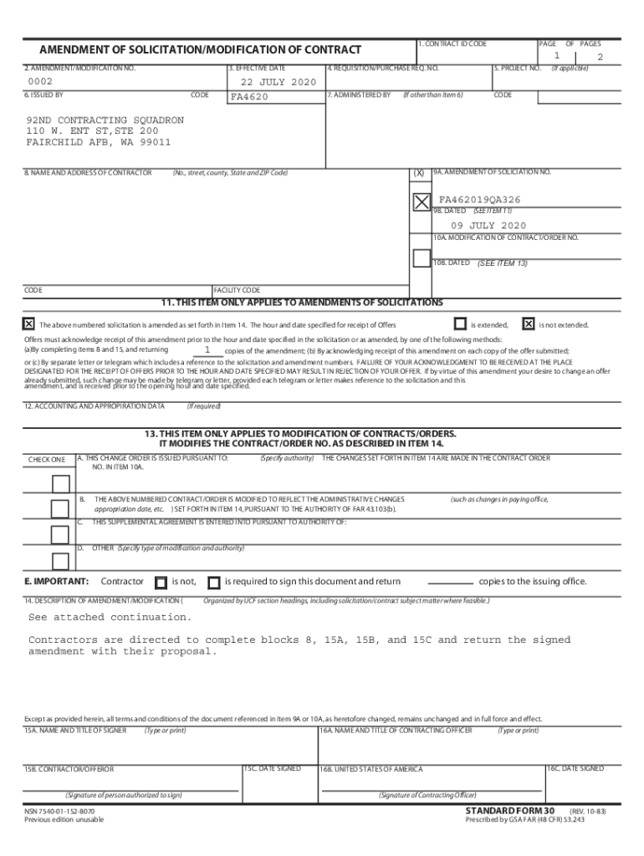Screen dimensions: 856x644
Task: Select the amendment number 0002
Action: [40, 82]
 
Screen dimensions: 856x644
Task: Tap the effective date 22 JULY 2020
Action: [279, 82]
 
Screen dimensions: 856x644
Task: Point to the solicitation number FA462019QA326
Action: [479, 200]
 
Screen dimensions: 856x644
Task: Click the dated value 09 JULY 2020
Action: [488, 226]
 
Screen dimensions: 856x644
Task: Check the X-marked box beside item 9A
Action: [421, 201]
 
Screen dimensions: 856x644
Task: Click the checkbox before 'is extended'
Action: [460, 324]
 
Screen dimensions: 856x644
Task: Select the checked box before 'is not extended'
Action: [528, 324]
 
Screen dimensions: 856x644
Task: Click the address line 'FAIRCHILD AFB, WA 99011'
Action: [98, 142]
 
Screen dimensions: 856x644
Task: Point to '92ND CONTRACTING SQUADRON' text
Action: [105, 120]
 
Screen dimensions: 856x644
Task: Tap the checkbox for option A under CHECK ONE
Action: [60, 484]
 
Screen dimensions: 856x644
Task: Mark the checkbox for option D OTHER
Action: [60, 561]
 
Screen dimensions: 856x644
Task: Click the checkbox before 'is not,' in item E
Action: [161, 582]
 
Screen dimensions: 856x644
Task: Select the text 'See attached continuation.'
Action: [110, 617]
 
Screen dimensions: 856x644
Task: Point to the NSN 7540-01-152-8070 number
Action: [59, 811]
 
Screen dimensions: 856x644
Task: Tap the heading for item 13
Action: [300, 434]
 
